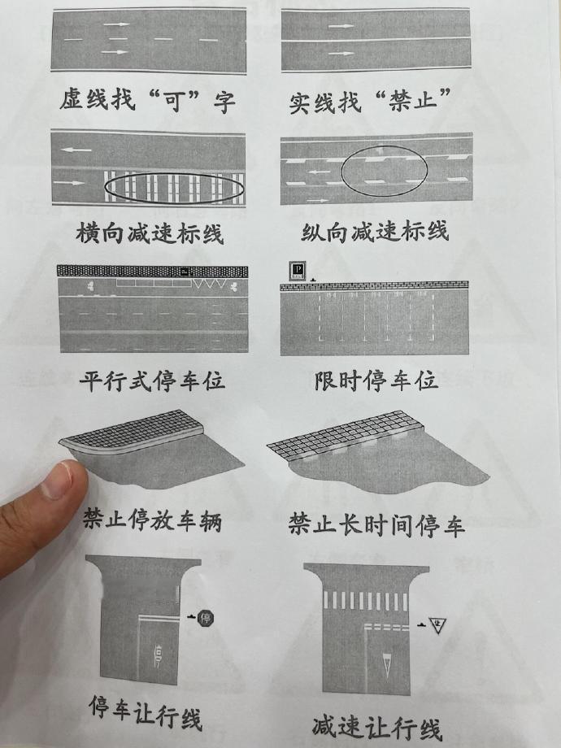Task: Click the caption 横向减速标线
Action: tap(150, 234)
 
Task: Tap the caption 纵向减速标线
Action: tap(375, 232)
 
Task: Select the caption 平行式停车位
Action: tap(152, 381)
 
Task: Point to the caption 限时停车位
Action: tap(376, 381)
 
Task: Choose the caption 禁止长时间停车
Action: tap(376, 524)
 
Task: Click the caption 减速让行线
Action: tap(377, 728)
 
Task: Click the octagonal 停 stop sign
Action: tap(206, 618)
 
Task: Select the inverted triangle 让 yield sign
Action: tap(437, 624)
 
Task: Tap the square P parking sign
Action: tap(298, 270)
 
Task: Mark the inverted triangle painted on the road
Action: tap(388, 663)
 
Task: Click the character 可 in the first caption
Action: tap(174, 101)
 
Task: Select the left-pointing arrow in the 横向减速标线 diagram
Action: tap(76, 150)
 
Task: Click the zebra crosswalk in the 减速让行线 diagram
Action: tap(365, 601)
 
